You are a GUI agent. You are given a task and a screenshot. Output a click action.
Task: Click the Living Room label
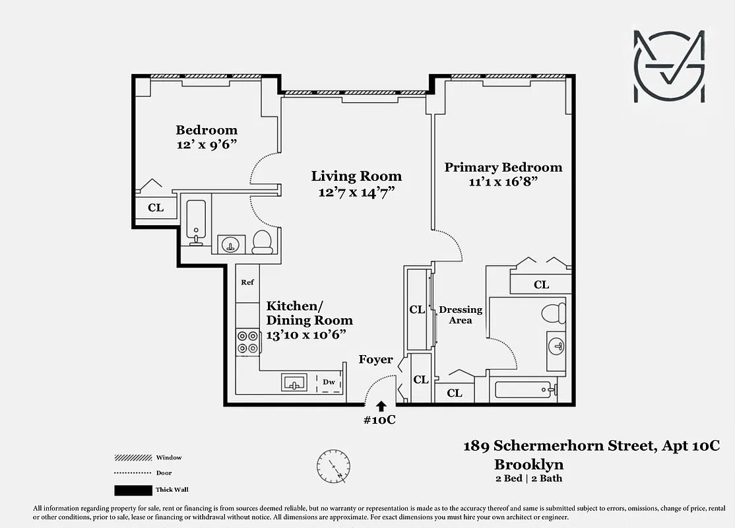(x=356, y=176)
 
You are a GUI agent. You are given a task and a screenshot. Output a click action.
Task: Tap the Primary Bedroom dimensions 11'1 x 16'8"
(x=503, y=182)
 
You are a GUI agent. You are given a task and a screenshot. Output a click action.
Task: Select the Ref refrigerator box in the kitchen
(x=247, y=283)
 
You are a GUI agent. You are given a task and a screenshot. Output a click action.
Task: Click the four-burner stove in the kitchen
(x=247, y=341)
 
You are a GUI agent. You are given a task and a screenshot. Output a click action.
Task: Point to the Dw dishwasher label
(x=329, y=382)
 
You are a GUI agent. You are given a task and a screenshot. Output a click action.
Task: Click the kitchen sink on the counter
(x=294, y=382)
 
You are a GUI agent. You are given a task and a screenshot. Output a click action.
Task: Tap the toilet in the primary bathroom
(x=553, y=313)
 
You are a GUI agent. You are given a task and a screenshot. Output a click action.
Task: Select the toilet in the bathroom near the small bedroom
(x=262, y=242)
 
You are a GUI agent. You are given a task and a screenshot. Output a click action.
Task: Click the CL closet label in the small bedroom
(x=156, y=208)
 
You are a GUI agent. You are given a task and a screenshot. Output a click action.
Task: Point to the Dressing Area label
(x=461, y=315)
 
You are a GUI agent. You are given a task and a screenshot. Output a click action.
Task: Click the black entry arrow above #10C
(x=381, y=406)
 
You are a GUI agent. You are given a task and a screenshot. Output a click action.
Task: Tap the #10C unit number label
(x=380, y=420)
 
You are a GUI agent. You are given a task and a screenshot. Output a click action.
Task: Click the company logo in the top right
(x=669, y=66)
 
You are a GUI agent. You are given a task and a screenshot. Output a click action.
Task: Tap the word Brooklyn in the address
(x=528, y=464)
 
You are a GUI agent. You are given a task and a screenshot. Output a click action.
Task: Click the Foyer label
(x=375, y=360)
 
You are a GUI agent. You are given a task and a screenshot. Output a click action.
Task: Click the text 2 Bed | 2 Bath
(x=528, y=478)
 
